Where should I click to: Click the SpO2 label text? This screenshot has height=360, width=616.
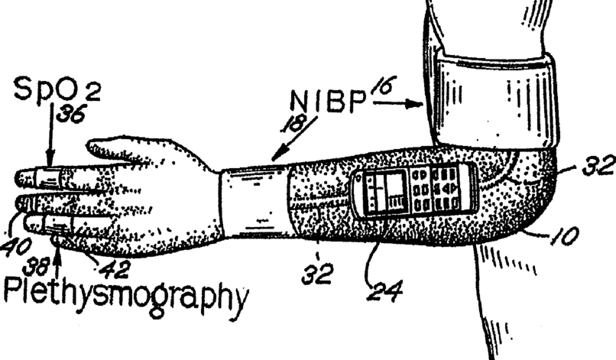point(57,89)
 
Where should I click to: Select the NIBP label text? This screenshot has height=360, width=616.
point(328,101)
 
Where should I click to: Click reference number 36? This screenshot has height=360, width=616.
point(71,115)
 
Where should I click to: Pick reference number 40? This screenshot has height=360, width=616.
point(16,247)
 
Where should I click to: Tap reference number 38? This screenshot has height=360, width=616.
point(35,268)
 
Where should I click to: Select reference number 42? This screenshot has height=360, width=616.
point(114,271)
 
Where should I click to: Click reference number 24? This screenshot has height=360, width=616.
point(384,292)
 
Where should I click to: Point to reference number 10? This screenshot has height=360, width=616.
point(564,236)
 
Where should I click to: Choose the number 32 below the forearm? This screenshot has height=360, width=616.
point(317,274)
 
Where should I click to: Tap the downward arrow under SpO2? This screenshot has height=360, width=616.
point(50,136)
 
